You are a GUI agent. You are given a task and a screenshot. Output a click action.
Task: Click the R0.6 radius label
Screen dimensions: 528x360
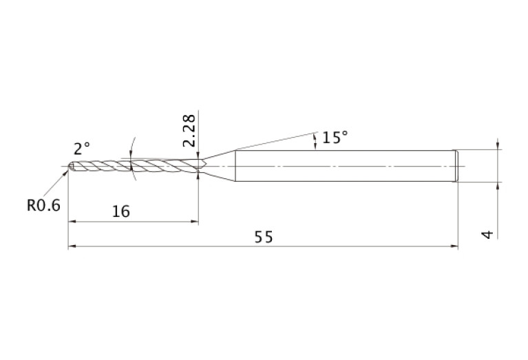click(x=43, y=205)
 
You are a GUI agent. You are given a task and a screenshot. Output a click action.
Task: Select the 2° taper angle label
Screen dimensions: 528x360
click(x=82, y=149)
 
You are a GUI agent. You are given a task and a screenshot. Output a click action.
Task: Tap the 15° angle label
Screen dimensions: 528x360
click(x=335, y=138)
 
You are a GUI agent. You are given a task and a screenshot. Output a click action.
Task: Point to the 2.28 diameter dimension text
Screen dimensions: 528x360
click(x=189, y=130)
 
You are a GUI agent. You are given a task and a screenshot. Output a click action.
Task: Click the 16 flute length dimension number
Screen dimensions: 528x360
click(x=121, y=211)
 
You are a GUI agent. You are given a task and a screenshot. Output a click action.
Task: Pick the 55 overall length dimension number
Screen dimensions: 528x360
click(x=264, y=237)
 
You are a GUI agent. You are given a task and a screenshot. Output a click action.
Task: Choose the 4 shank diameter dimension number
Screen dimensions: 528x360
click(x=487, y=235)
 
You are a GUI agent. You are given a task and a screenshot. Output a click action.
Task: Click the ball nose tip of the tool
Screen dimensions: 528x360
click(x=71, y=167)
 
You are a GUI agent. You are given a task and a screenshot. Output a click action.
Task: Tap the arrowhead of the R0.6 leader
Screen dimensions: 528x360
click(x=65, y=173)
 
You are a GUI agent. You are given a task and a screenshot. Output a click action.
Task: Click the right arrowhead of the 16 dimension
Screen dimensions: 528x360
click(x=195, y=221)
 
